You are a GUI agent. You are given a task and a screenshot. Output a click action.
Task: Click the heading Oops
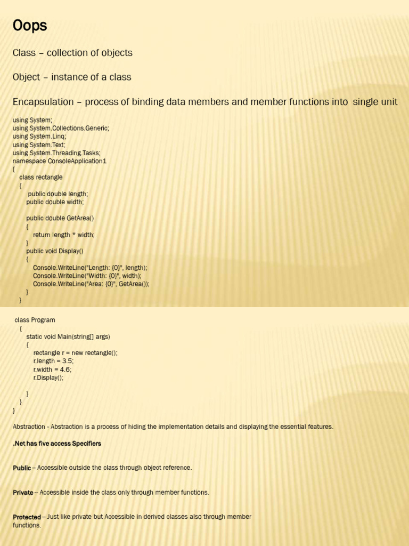click(x=30, y=26)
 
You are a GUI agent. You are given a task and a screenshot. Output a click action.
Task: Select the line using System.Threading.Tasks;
click(x=56, y=153)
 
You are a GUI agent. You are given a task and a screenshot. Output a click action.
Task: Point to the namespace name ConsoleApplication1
click(x=77, y=161)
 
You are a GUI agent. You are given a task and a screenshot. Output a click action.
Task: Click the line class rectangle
click(x=41, y=177)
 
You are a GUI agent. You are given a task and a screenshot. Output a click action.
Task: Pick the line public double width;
click(x=55, y=202)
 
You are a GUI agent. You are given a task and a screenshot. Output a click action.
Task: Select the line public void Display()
click(x=55, y=251)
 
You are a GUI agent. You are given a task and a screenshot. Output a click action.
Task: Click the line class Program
click(x=35, y=320)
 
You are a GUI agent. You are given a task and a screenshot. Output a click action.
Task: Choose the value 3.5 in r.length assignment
click(x=68, y=361)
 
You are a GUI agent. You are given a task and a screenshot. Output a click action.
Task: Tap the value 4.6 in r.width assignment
click(x=66, y=370)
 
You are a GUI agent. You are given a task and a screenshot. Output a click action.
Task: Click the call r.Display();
click(x=48, y=378)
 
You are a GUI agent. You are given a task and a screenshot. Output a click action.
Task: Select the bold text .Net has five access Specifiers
click(x=57, y=444)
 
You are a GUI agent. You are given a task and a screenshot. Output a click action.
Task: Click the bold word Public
click(x=22, y=468)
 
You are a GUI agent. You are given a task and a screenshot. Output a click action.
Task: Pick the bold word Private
click(x=23, y=493)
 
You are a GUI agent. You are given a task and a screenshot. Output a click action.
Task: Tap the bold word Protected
click(x=27, y=517)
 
